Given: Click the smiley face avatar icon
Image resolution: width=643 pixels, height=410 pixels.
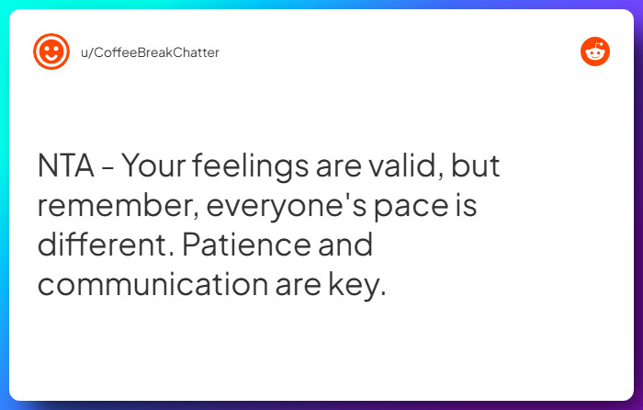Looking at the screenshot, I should (51, 51).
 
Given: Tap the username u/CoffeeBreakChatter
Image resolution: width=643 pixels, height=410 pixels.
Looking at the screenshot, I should (151, 52).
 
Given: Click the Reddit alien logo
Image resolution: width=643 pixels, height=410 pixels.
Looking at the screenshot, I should (595, 51).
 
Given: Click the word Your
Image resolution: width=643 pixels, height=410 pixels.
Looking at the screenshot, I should (152, 167).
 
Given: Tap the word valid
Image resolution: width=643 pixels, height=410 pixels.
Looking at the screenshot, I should (399, 167).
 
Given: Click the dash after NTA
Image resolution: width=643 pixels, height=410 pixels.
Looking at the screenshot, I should (108, 169).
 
